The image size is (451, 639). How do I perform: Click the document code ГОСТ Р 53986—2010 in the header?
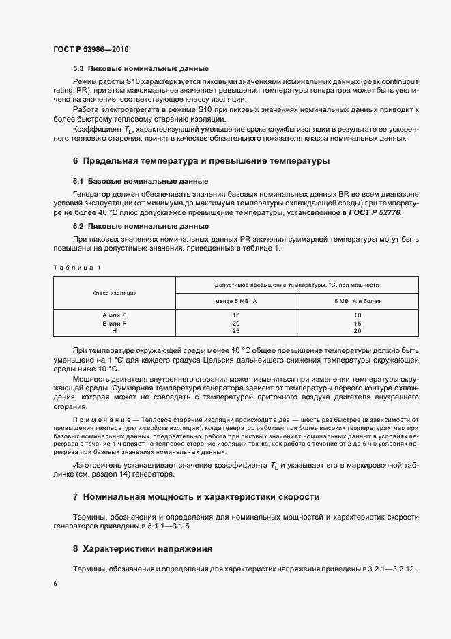tap(91, 50)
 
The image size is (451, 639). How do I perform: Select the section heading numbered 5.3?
tap(140, 69)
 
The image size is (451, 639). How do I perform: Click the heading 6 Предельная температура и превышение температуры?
tap(201, 161)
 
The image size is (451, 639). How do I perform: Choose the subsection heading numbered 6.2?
tap(140, 225)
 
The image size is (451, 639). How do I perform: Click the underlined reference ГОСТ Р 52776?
tap(375, 213)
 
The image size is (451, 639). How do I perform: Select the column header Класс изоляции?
tap(115, 292)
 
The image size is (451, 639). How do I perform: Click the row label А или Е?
tap(115, 315)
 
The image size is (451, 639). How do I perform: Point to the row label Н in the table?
tap(115, 330)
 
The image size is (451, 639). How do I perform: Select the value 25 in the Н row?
tap(236, 330)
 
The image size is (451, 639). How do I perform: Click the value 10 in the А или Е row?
tap(357, 315)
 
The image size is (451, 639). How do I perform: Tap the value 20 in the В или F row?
tap(236, 323)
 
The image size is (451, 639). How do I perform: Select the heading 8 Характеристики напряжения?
tap(143, 548)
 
